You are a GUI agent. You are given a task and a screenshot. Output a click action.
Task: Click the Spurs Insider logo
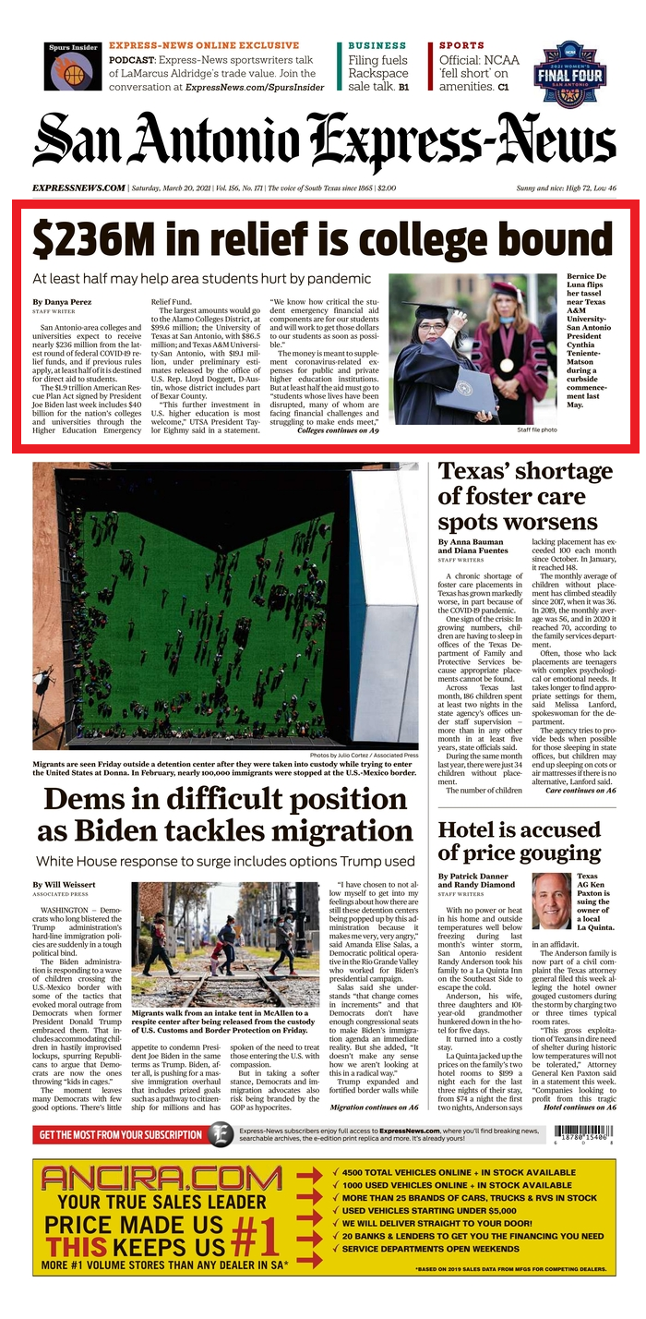[x=73, y=67]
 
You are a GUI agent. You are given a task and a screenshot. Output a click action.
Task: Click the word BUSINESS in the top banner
[x=377, y=45]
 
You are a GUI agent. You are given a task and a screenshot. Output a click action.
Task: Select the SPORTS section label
[x=461, y=45]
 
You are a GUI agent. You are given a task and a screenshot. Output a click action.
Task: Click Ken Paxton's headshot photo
[x=551, y=900]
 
